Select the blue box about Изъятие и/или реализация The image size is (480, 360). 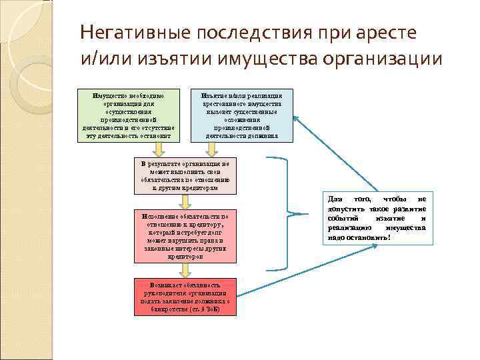tap(241, 115)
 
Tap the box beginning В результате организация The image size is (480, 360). tap(185, 176)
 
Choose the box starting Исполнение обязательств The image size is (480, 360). tap(185, 236)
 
